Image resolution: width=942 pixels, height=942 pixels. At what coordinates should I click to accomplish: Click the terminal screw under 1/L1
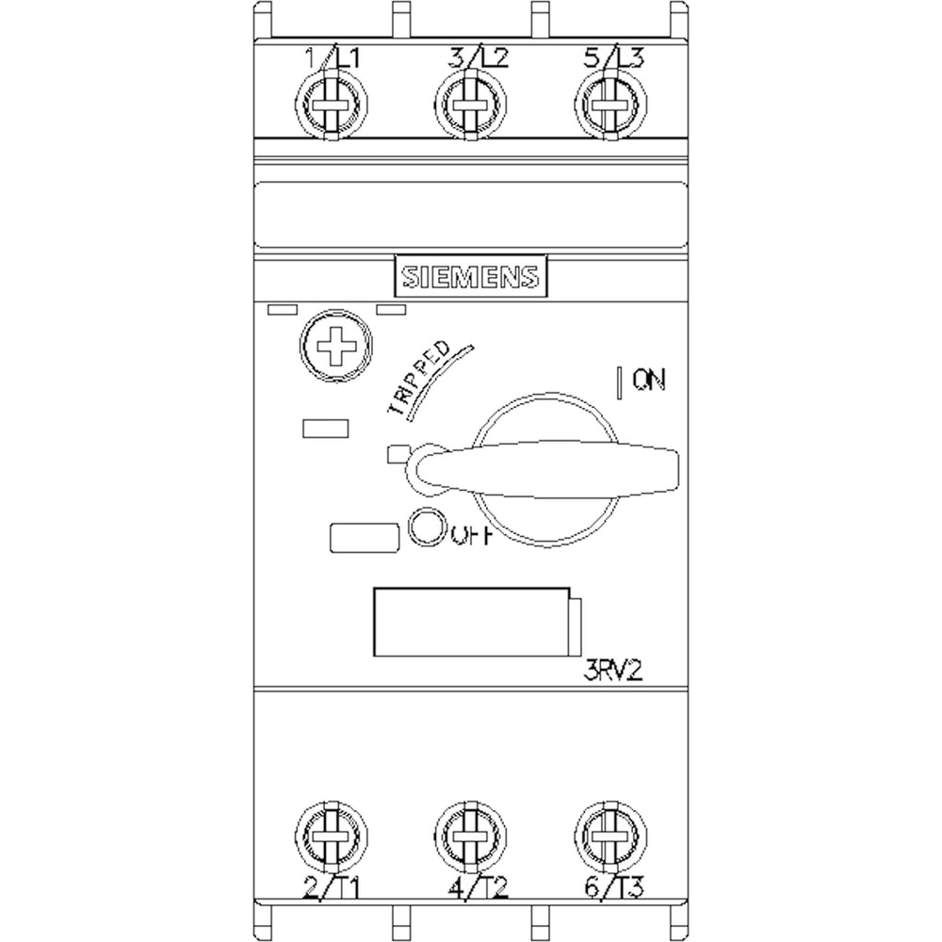(331, 106)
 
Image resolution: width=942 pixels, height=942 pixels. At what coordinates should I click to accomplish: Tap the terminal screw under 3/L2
(470, 106)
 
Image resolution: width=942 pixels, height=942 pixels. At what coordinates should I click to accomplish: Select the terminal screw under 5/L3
(611, 106)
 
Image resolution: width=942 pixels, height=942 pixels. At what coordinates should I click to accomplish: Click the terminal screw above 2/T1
(331, 836)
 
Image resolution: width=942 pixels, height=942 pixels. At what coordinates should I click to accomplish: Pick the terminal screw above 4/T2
(470, 836)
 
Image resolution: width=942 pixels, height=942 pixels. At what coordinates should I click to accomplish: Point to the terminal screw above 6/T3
(611, 836)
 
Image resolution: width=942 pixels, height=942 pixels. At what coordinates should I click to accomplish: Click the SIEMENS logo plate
(470, 276)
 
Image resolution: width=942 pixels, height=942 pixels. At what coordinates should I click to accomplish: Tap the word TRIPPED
(420, 379)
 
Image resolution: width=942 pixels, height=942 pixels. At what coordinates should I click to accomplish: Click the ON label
(649, 380)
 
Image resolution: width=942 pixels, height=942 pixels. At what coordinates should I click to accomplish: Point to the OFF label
(473, 535)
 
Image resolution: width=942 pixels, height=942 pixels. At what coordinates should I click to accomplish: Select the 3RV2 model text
(613, 671)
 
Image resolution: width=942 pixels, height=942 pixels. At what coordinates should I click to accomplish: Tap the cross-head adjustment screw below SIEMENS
(336, 346)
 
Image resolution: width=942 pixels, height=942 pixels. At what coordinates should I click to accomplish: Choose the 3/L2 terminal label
(479, 58)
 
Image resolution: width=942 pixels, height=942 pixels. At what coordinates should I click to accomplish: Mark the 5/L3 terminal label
(614, 58)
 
